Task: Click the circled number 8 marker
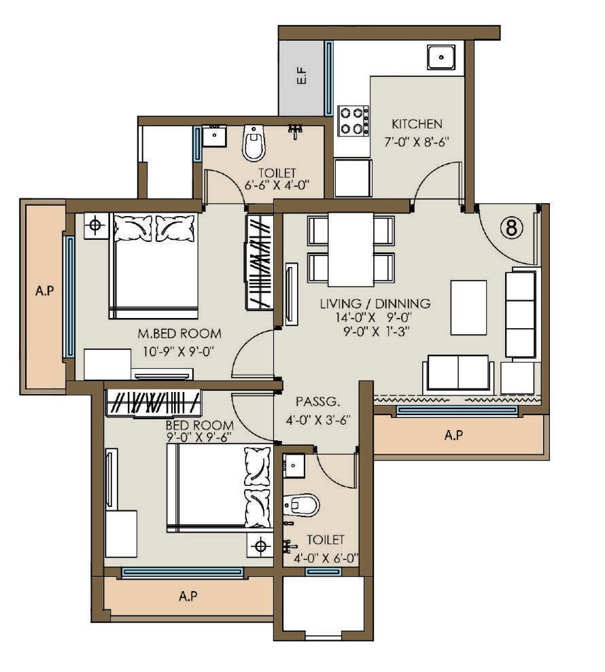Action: pos(513,228)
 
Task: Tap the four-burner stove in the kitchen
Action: pos(353,121)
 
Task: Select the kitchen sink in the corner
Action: pos(441,56)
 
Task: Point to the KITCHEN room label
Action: pos(417,124)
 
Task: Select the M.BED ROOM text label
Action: pos(179,334)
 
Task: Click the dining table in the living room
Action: pos(350,249)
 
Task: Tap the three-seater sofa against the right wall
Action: pos(521,313)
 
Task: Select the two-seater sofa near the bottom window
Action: pos(457,373)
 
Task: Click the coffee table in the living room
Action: pos(468,307)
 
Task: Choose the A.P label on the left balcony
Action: pos(44,291)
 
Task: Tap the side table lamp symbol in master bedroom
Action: pos(96,225)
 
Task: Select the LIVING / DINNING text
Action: pos(375,303)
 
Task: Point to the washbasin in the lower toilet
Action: pos(295,467)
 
